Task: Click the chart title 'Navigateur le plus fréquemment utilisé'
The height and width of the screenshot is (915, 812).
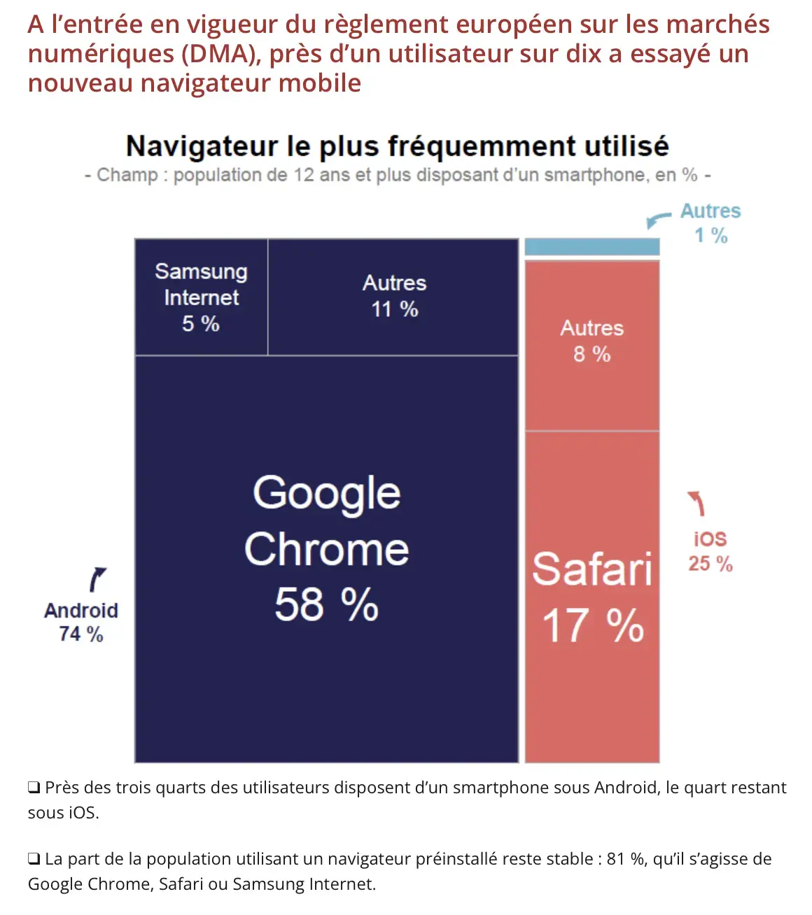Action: coord(397,146)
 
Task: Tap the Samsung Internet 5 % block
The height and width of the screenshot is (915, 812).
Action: coord(201,297)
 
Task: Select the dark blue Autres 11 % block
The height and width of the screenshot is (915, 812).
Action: coord(394,296)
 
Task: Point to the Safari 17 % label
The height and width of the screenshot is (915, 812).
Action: coord(592,597)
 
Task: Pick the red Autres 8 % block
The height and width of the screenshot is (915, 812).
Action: coord(592,341)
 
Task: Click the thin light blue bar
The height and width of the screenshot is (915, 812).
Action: coord(592,246)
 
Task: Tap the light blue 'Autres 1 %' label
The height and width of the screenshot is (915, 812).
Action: coord(710,223)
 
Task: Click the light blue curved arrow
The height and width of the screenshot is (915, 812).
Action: coord(657,220)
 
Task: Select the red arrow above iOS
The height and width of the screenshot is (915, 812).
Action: coord(696,502)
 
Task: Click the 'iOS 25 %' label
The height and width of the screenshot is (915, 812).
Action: coord(710,551)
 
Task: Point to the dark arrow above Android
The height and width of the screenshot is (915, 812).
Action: coord(97,580)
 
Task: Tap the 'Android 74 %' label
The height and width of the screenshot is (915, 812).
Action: coord(81,622)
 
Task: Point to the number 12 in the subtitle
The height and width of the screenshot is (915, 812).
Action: coord(304,175)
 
